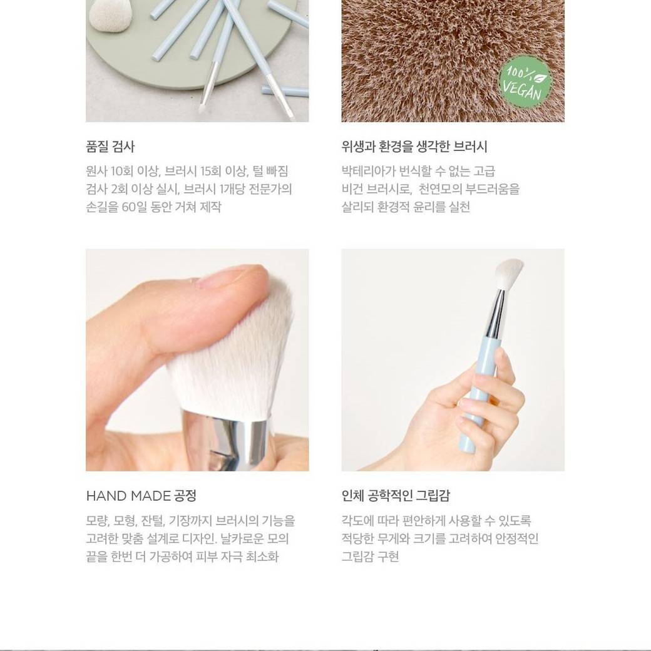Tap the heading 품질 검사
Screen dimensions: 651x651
point(110,146)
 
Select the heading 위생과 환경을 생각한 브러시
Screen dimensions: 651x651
point(414,146)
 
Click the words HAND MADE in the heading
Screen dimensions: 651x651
point(128,495)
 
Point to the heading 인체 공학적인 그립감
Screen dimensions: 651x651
point(396,495)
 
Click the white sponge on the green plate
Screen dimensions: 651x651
point(110,14)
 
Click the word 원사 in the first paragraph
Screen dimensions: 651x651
point(96,171)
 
